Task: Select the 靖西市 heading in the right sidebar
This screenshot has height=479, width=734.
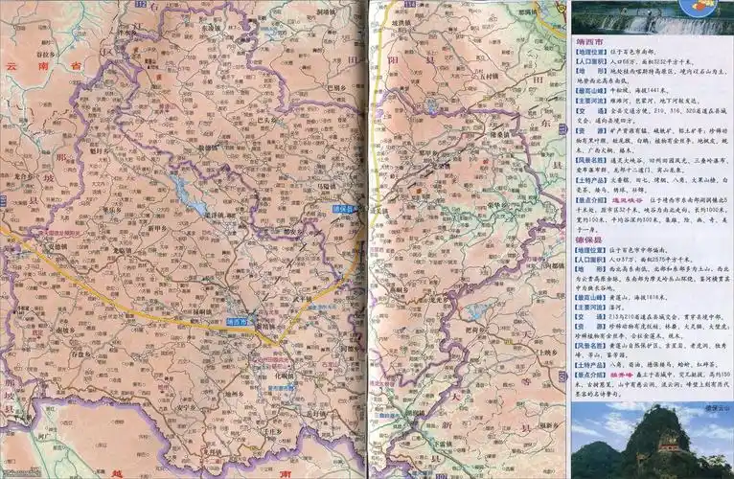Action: coord(589,42)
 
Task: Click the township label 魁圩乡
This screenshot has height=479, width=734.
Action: coord(95,150)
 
